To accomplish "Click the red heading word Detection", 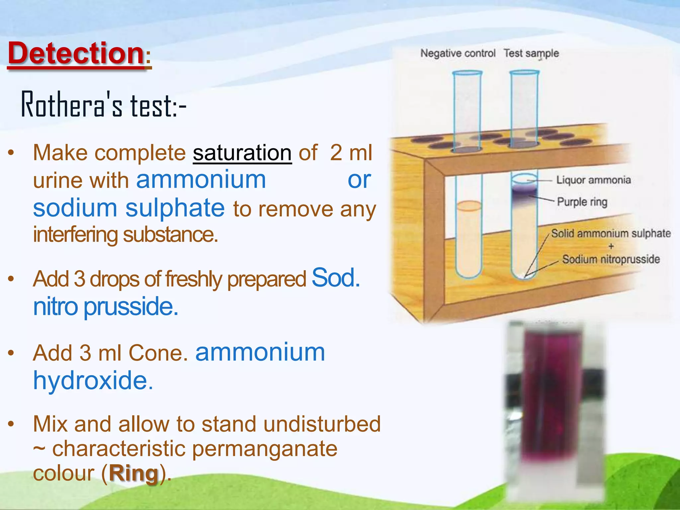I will pos(76,53).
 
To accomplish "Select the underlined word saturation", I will pos(242,153).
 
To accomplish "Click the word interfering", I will pos(75,235).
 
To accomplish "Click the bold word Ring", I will pos(133,473).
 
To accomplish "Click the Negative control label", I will pos(458,53).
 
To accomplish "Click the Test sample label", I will pos(531,53).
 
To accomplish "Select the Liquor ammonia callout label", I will pos(593,180).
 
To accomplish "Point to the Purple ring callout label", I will pos(582,202).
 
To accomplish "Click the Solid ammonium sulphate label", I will pos(611,233).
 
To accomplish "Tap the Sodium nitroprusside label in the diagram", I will pos(611,259).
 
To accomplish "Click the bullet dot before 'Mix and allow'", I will pos(11,424).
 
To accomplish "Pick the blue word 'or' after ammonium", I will pos(359,180).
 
